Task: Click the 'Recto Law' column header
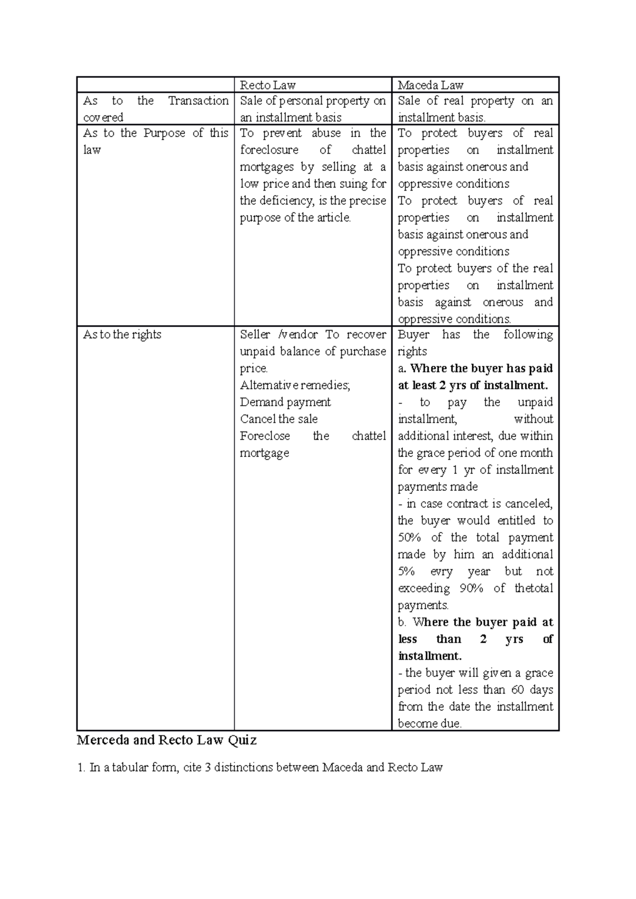pos(268,85)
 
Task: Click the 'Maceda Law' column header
pos(430,85)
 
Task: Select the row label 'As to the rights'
pos(122,335)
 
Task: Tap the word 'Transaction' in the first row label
pos(198,101)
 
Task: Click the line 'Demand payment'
pos(285,402)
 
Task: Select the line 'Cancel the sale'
pos(279,419)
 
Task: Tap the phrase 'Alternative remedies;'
pos(295,385)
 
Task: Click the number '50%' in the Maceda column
pos(409,537)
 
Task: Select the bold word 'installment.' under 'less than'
pos(430,656)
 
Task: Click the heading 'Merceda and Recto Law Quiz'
pos(166,740)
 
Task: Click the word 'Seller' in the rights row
pos(255,335)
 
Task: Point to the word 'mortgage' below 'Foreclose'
pos(264,453)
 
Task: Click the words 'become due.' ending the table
pos(430,724)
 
